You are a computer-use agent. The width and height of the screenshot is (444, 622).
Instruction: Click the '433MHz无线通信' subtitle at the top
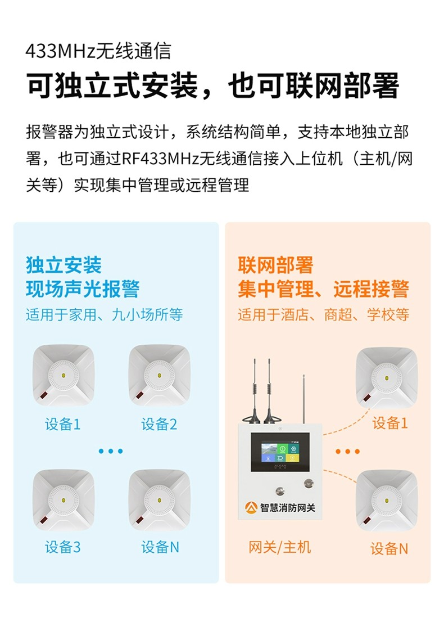coord(98,51)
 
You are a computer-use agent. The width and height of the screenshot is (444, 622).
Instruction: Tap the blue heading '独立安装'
coord(64,265)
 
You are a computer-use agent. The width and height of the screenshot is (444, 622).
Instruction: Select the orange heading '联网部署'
coord(275,265)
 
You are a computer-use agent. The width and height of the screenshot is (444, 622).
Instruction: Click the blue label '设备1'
coord(62,425)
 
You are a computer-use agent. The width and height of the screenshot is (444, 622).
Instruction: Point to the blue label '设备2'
coord(160,425)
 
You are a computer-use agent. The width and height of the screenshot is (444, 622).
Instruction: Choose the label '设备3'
coord(62,547)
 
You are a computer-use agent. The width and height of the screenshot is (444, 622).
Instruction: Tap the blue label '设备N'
coord(160,547)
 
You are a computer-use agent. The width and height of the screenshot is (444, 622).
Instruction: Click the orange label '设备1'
coord(390,423)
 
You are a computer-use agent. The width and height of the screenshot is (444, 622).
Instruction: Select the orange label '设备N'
coord(389,549)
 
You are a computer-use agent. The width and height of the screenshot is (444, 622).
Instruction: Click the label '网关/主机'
coord(280,547)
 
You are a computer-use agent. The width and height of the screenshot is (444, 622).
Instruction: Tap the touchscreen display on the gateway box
coord(280,452)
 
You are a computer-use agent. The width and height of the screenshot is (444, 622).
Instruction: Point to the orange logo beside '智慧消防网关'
coord(251,507)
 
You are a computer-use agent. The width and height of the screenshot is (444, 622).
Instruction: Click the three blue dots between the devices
coord(111,451)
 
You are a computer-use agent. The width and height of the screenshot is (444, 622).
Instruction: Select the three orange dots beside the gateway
coord(348,452)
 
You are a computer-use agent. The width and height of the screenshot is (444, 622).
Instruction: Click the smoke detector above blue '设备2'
coord(160,375)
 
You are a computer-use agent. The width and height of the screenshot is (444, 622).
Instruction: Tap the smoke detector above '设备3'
coord(63,500)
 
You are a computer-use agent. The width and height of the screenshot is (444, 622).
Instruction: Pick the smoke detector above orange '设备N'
coord(387,501)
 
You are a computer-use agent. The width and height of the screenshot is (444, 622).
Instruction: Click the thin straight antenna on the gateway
coord(303,399)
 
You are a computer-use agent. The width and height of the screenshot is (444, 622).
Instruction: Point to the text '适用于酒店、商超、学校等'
coord(324,315)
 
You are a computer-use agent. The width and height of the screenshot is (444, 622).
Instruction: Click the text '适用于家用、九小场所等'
coord(105,315)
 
